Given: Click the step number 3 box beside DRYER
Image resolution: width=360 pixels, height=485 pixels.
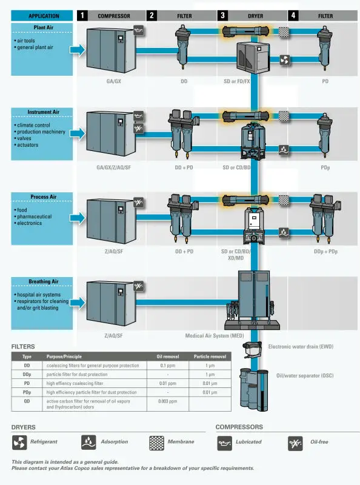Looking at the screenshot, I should point(224,16).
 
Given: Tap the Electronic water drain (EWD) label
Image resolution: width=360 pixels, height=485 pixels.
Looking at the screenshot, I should point(301,347).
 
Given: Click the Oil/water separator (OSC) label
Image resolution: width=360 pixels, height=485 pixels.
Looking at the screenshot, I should point(304,375).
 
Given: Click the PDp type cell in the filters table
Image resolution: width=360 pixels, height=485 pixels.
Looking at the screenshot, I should point(27,392).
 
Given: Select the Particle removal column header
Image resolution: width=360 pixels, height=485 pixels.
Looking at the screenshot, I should point(210,356).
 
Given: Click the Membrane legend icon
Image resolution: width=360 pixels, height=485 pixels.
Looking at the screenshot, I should point(157,443).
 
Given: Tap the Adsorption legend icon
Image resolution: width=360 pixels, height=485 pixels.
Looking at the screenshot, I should point(88,443).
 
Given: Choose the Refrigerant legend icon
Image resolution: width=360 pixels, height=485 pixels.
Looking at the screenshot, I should point(19,443).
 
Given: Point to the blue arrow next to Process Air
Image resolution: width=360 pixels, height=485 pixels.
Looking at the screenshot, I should point(76,217).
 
